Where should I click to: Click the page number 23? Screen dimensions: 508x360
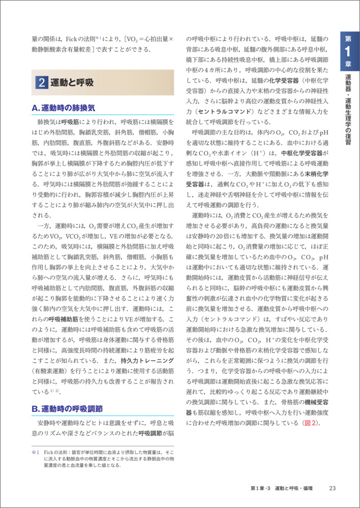[333, 488]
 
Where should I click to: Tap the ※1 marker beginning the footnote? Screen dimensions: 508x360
[35, 452]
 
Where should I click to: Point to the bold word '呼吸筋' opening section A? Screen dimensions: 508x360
[71, 122]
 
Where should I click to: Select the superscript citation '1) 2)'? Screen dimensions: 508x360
[55, 391]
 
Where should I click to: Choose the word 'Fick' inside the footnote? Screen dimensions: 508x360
[49, 452]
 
